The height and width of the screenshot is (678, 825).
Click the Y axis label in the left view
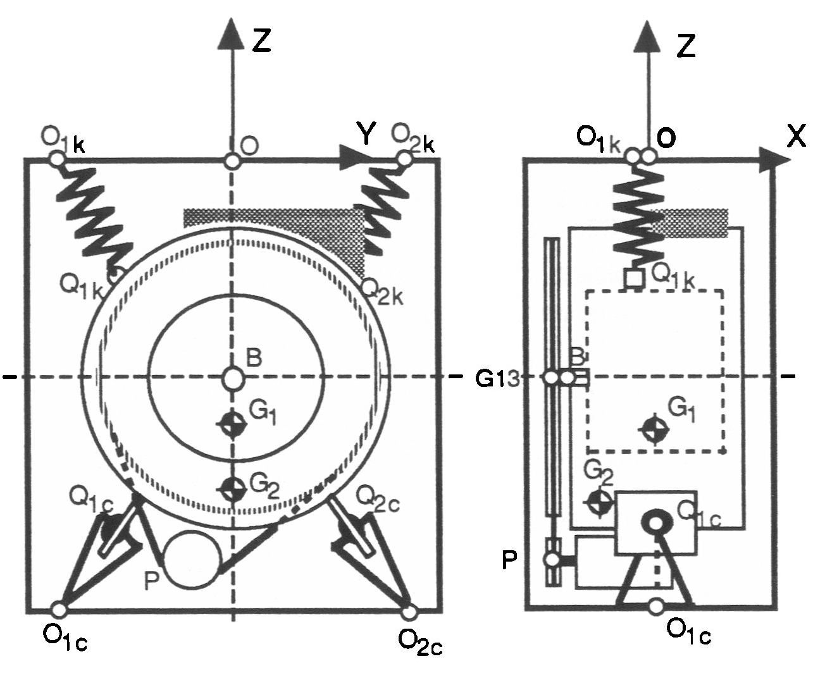tap(366, 133)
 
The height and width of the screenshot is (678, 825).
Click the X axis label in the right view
tap(797, 136)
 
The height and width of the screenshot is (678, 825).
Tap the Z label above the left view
tap(262, 40)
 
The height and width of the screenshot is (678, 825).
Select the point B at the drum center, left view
tap(233, 378)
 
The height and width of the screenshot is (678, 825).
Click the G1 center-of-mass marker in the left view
tap(233, 424)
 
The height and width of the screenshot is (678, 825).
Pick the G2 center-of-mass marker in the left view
tap(233, 488)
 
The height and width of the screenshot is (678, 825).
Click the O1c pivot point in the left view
tap(59, 609)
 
